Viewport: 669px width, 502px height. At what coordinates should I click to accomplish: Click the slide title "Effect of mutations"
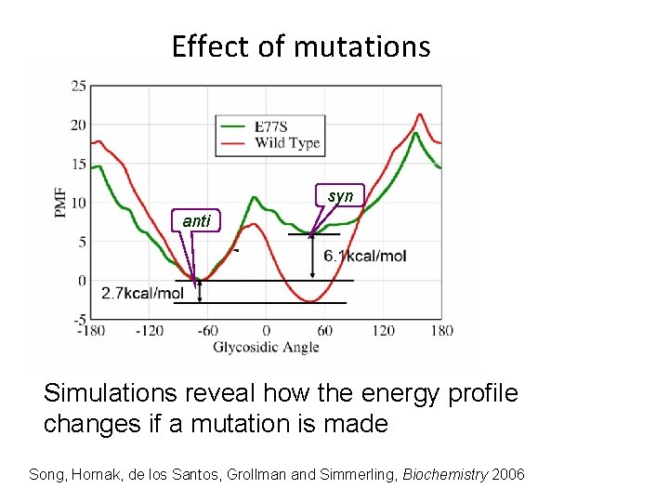click(301, 46)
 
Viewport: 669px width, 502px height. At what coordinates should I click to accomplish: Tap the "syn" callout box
click(340, 196)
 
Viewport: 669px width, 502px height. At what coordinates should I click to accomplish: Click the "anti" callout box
click(196, 221)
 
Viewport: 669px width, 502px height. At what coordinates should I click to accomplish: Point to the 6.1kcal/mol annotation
click(364, 257)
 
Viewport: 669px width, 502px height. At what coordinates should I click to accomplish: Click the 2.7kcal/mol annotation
click(142, 294)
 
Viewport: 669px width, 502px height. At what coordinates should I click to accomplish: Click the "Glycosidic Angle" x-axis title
click(266, 347)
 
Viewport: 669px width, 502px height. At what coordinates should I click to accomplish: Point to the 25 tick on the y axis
click(79, 86)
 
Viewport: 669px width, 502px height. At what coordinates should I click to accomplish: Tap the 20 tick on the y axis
click(79, 125)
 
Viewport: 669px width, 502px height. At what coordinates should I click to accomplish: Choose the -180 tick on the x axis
click(89, 330)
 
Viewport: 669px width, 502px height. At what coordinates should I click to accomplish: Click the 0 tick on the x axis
click(266, 330)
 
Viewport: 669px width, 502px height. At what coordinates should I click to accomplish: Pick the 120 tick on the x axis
click(383, 330)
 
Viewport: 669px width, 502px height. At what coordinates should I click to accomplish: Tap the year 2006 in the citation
click(506, 475)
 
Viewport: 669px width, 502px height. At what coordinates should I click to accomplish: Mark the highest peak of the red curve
click(420, 114)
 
